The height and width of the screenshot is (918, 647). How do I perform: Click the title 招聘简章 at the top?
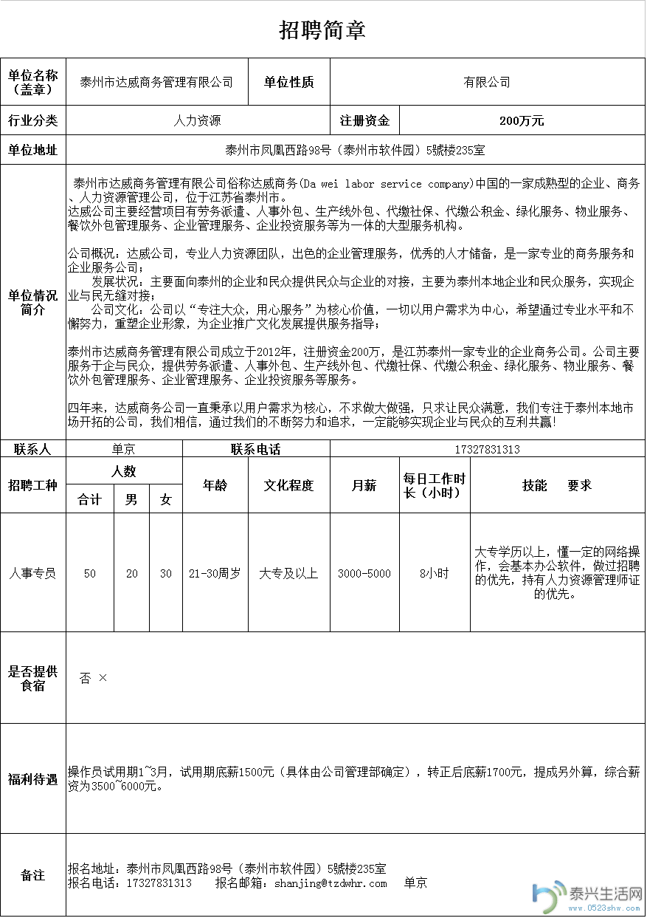(322, 30)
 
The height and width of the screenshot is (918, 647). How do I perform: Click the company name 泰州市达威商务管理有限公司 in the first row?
(156, 82)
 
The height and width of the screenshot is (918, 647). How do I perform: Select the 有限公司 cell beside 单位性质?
(487, 82)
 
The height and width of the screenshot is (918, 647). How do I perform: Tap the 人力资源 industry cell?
(197, 120)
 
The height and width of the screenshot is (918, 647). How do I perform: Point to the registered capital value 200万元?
(522, 120)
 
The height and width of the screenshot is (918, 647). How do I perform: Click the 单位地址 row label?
(32, 150)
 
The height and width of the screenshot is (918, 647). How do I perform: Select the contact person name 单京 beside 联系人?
(123, 449)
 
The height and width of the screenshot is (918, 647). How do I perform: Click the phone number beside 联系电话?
(488, 449)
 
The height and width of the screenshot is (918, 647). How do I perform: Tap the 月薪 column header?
(364, 485)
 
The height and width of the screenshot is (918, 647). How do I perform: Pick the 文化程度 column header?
(288, 485)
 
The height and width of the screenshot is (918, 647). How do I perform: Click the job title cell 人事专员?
(32, 573)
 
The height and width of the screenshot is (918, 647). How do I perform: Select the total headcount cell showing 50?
(89, 573)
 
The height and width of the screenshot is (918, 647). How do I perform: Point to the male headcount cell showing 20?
(131, 573)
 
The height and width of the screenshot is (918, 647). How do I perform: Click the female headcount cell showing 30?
(166, 573)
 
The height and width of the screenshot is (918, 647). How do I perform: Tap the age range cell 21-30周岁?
(215, 573)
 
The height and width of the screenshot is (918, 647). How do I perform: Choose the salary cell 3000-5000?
(364, 573)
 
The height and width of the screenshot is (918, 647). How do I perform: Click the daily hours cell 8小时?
(434, 573)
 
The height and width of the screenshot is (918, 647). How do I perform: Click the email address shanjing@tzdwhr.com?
(331, 883)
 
